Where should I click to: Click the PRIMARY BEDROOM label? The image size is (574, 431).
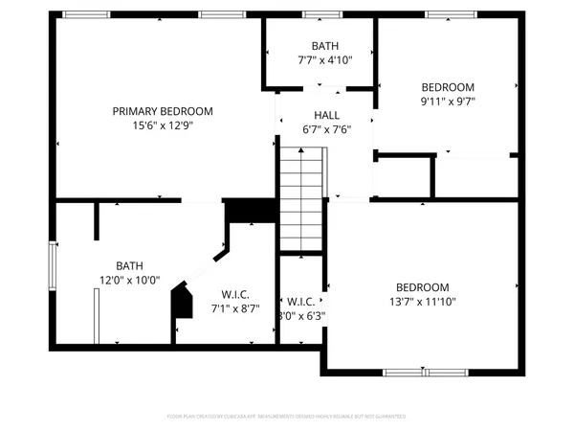(162, 111)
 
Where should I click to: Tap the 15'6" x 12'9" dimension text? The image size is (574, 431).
(162, 125)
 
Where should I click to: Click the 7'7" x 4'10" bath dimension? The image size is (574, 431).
(324, 59)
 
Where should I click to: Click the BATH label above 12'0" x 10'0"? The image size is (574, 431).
(129, 266)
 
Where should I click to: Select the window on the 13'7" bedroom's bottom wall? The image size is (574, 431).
(424, 371)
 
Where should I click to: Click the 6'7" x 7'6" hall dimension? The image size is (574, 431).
(324, 129)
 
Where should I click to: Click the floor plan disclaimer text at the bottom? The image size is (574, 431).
(286, 417)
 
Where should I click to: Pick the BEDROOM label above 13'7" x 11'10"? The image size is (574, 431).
(422, 287)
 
